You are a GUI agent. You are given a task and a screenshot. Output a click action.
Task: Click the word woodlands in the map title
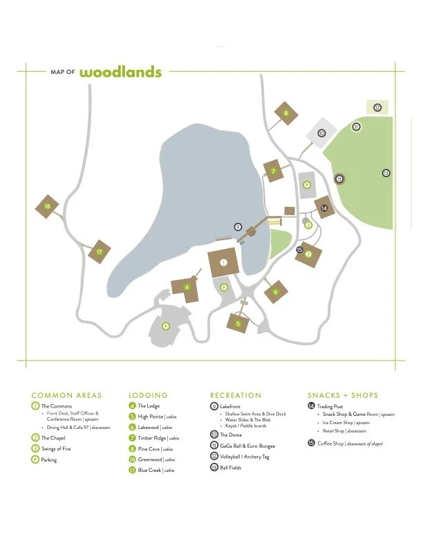click(120, 72)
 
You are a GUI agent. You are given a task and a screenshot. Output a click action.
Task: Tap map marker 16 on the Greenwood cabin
click(47, 206)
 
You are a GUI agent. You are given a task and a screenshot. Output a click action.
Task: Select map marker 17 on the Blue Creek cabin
click(100, 253)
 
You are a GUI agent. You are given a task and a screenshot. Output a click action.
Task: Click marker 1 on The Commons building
click(223, 263)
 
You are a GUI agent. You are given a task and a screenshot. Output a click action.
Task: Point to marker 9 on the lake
click(238, 226)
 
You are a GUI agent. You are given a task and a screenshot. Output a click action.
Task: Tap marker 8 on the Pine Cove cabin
click(285, 113)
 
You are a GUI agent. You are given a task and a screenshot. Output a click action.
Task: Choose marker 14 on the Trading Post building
click(323, 208)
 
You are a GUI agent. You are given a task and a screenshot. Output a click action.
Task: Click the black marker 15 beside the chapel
click(299, 250)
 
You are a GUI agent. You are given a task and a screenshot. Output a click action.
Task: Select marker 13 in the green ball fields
click(386, 172)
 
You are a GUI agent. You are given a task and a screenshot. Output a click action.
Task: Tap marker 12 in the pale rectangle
click(377, 107)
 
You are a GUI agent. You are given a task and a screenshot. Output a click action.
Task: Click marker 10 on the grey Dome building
click(321, 133)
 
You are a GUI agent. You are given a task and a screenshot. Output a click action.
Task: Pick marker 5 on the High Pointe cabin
click(238, 323)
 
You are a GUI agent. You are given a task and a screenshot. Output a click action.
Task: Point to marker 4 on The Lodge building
click(187, 287)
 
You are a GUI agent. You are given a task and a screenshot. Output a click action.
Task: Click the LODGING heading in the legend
click(148, 395)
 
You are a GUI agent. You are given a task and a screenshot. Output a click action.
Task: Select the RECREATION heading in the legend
click(236, 395)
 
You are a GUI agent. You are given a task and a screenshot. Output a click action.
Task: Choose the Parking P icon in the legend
click(35, 459)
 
